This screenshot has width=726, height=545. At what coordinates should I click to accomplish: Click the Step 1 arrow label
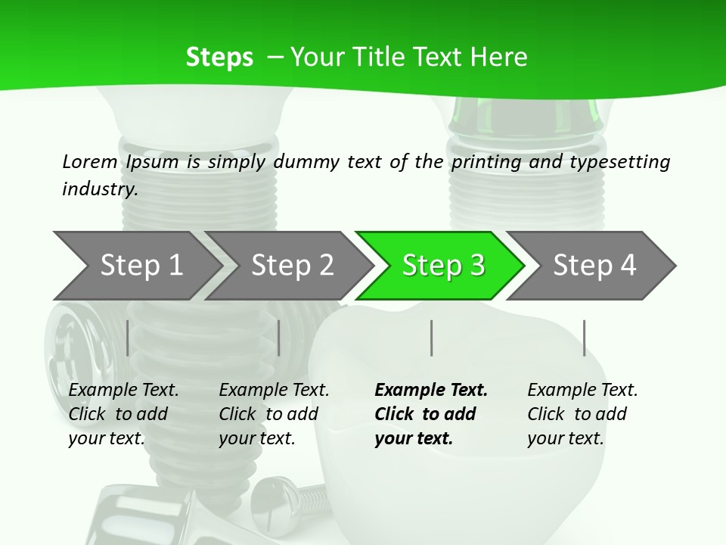[x=141, y=266]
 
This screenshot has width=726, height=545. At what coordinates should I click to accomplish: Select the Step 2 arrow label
[x=292, y=266]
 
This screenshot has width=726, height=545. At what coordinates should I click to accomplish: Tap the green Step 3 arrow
[x=443, y=266]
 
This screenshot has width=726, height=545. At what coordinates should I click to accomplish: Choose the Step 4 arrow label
[x=594, y=266]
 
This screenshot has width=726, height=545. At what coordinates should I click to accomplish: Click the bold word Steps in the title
[x=219, y=58]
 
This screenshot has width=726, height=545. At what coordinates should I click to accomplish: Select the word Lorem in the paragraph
[x=89, y=162]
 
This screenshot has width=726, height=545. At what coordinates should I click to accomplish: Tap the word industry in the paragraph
[x=99, y=188]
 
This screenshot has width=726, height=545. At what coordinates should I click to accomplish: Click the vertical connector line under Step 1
[x=127, y=338]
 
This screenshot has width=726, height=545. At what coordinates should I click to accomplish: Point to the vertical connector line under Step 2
[x=279, y=338]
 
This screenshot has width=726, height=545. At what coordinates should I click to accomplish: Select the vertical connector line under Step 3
[x=432, y=338]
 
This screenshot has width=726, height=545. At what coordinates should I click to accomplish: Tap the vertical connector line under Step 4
[x=584, y=338]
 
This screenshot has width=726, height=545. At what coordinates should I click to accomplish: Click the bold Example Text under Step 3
[x=431, y=391]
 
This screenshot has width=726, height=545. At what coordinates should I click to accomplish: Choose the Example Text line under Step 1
[x=123, y=391]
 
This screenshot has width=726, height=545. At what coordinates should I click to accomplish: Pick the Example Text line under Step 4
[x=582, y=391]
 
